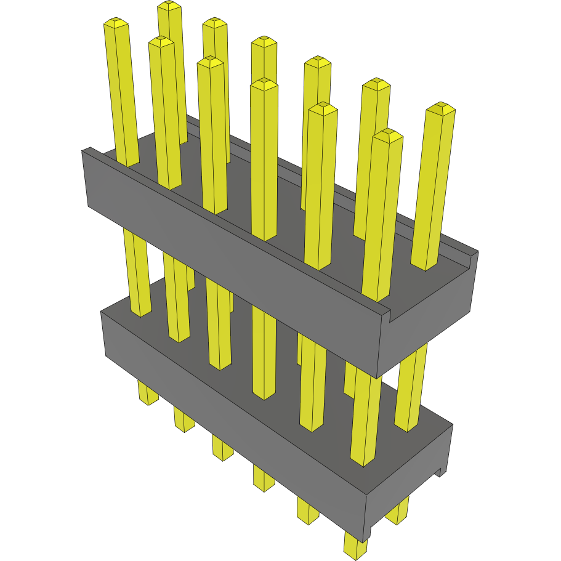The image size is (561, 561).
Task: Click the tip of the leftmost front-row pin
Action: (x=116, y=23)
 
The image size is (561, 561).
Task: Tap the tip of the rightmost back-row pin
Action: (x=440, y=109)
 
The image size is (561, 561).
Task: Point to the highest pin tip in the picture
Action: (x=169, y=6)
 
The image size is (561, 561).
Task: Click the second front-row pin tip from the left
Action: (x=161, y=42)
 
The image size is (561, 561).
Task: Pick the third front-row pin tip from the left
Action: (x=211, y=62)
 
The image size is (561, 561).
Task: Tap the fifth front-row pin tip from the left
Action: (x=323, y=109)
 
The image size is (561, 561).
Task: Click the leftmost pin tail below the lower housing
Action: (x=147, y=394)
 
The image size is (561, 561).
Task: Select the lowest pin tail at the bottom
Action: (x=355, y=547)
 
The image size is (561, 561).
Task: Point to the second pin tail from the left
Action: (x=184, y=420)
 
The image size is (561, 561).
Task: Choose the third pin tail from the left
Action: (x=223, y=448)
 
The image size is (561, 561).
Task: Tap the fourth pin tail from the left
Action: (x=264, y=478)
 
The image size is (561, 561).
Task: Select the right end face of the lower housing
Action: (x=410, y=480)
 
